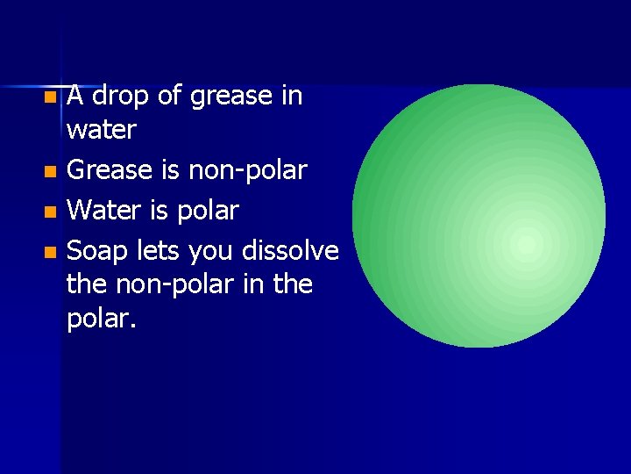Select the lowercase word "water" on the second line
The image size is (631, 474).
102,131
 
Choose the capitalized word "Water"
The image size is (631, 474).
104,211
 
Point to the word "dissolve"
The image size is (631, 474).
290,251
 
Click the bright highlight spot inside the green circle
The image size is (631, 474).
526,244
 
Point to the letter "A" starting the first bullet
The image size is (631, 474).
75,94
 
